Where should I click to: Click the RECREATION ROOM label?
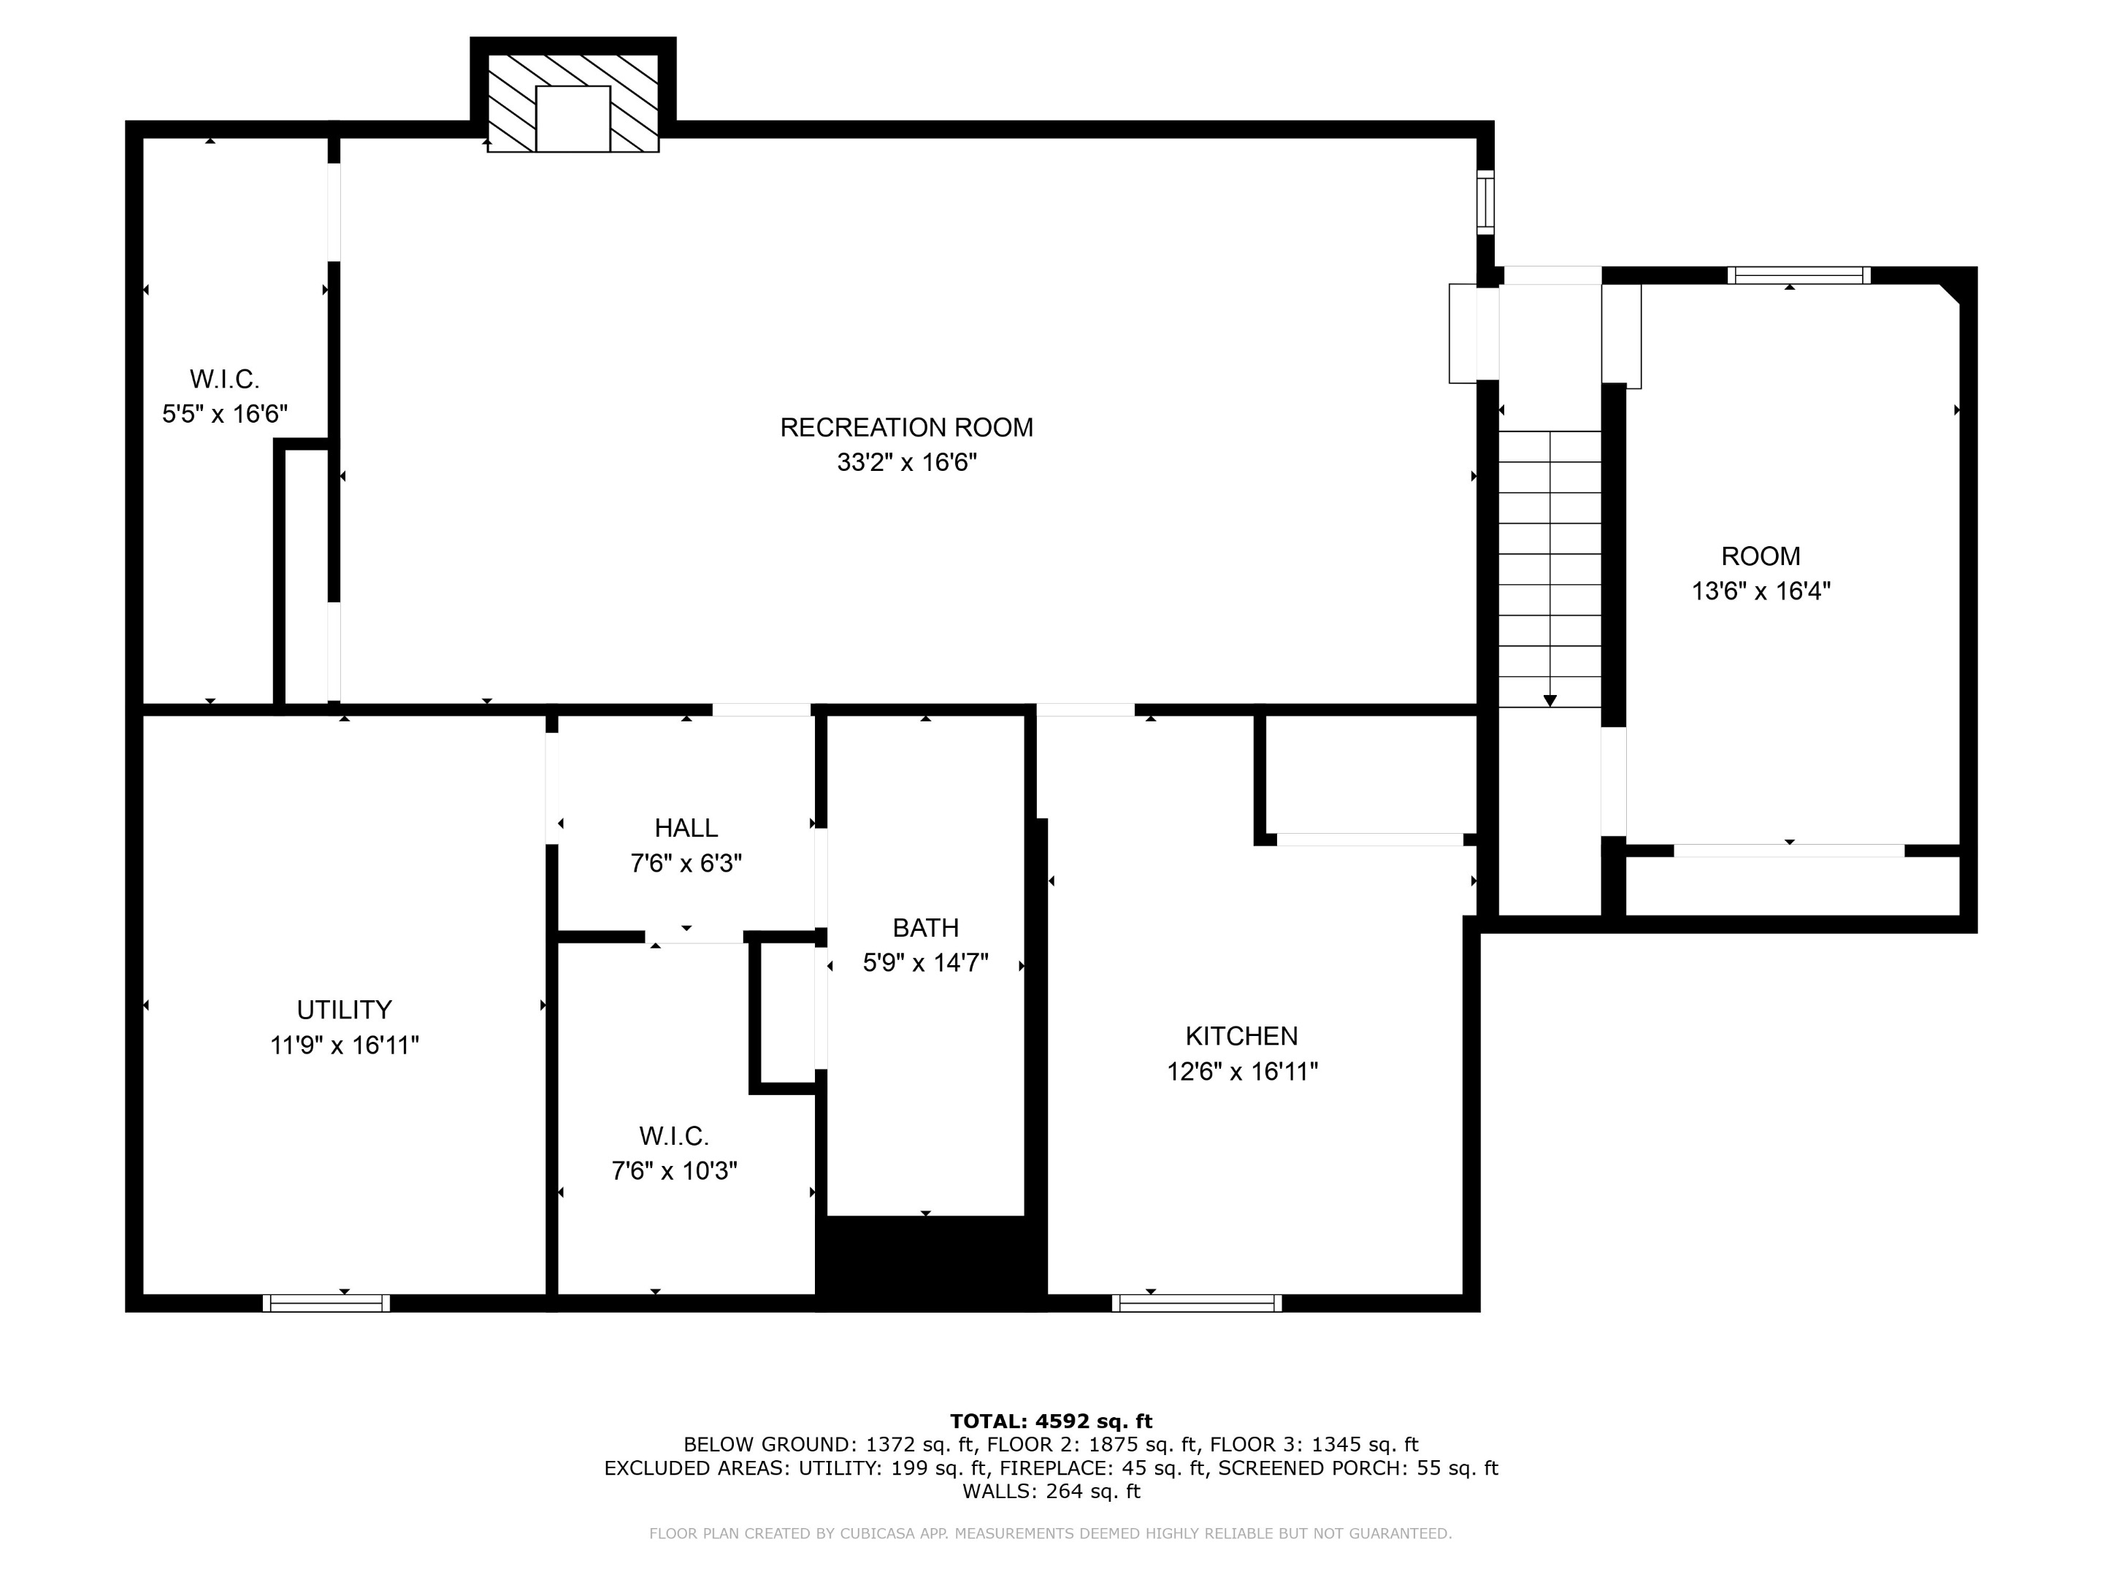tap(906, 428)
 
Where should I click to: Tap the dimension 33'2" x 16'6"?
tap(906, 463)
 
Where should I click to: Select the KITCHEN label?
tap(1241, 1036)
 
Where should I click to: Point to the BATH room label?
tap(925, 928)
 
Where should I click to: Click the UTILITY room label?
tap(344, 1010)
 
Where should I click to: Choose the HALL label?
tap(686, 828)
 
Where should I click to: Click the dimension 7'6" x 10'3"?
tap(674, 1171)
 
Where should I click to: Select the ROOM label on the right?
tap(1760, 556)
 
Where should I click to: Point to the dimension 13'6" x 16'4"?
tap(1760, 591)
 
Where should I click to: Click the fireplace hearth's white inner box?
tap(572, 119)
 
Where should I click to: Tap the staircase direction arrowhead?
tap(1550, 701)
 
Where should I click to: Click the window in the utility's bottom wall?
tap(326, 1303)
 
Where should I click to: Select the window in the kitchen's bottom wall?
tap(1196, 1303)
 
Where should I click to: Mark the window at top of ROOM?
tap(1798, 276)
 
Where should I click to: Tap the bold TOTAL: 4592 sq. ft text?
tap(1051, 1421)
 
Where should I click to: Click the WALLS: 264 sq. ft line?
tap(1051, 1491)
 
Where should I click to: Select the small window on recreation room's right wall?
tap(1484, 202)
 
